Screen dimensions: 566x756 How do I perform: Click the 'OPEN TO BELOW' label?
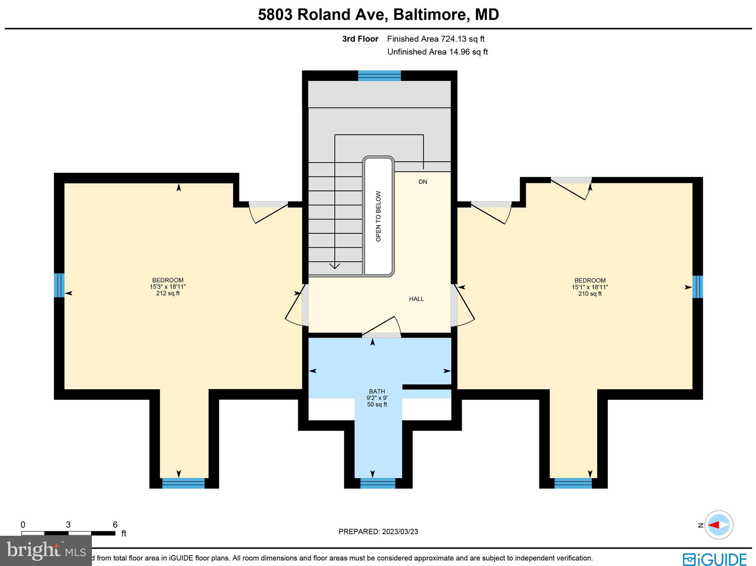[x=378, y=216]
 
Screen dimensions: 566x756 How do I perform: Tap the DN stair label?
[x=423, y=182]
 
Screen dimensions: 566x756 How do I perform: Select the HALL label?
[x=416, y=299]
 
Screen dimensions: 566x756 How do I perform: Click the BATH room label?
[x=377, y=391]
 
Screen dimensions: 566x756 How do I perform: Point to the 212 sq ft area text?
[x=168, y=294]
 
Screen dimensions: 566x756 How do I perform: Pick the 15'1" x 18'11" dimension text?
[x=590, y=287]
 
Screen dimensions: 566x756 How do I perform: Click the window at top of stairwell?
[x=379, y=76]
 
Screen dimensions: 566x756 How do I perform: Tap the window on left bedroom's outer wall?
[x=59, y=285]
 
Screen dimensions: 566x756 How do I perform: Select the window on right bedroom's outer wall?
[x=697, y=287]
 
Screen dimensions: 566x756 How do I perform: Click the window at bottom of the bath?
[x=378, y=483]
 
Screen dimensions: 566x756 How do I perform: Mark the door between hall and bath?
[x=381, y=335]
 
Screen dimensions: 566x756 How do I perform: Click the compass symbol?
[x=718, y=525]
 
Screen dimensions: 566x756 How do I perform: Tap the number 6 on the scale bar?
[x=115, y=525]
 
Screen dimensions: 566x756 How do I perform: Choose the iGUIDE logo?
[x=715, y=559]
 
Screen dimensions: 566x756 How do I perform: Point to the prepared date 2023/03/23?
[x=400, y=532]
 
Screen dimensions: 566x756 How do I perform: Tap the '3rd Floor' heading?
[x=360, y=39]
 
